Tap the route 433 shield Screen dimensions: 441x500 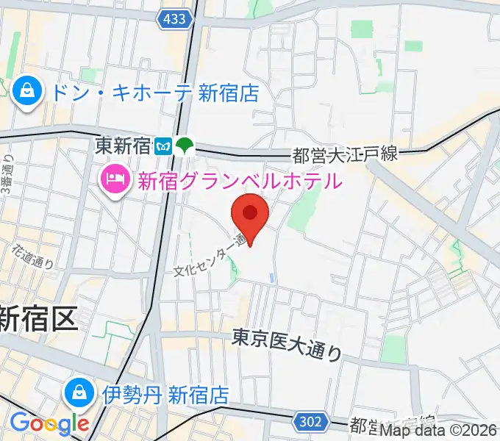(176, 21)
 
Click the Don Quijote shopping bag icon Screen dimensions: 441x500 (26, 92)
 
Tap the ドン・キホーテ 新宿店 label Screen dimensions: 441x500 (155, 93)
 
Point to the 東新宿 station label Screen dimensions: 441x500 (123, 146)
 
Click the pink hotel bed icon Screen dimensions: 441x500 (115, 179)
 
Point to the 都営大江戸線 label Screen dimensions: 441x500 (345, 155)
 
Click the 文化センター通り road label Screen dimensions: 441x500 (210, 258)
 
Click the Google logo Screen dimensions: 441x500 (49, 423)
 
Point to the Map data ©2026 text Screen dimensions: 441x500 (439, 432)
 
